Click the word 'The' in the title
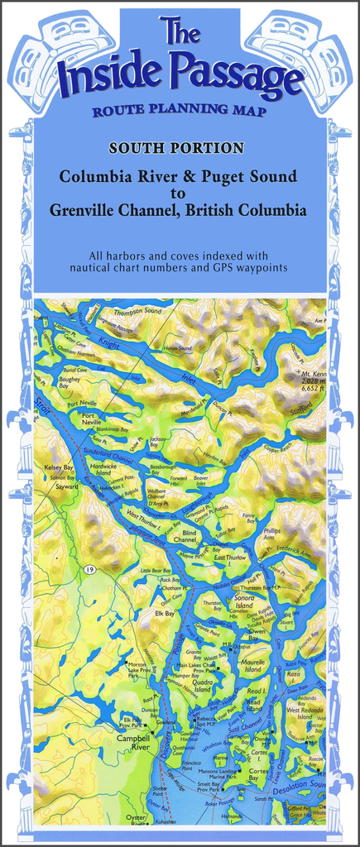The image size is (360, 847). point(180,32)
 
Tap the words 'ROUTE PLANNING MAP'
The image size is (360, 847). point(179,112)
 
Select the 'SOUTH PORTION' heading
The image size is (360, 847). point(176,149)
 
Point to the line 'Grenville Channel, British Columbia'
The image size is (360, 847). point(178,210)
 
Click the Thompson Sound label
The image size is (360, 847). point(137,311)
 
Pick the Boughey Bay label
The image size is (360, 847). point(70,381)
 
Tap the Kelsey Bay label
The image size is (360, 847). point(59,467)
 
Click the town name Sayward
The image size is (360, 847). point(66,487)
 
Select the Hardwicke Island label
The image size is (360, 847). point(103,469)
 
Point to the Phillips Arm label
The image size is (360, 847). point(272,533)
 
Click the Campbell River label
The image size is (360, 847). point(132,741)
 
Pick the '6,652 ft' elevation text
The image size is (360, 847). point(311,387)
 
